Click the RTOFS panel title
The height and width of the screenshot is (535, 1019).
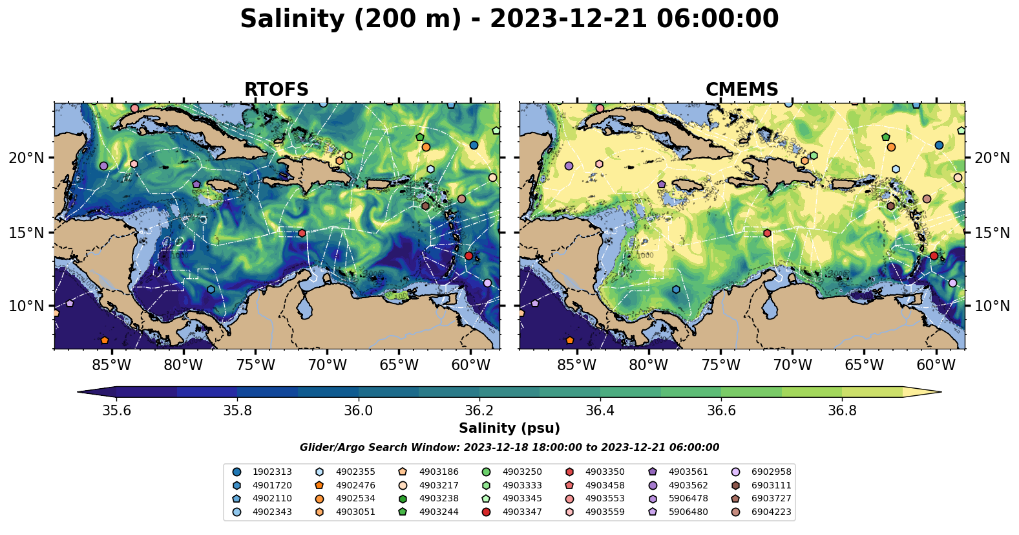[x=276, y=90]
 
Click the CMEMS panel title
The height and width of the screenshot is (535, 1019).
[x=742, y=90]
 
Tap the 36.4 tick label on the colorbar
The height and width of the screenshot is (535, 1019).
[x=600, y=411]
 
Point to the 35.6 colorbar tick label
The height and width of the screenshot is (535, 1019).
[x=116, y=411]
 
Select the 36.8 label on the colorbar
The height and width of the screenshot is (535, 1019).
[x=841, y=411]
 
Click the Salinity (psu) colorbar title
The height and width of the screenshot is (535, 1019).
[x=509, y=428]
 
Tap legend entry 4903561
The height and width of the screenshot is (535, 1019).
[x=688, y=472]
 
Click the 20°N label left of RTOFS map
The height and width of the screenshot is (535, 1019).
[x=26, y=158]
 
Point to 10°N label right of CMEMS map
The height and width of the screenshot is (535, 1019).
[x=992, y=306]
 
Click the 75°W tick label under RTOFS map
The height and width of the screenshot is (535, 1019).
[x=255, y=365]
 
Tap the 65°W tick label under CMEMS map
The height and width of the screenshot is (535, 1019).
[x=864, y=365]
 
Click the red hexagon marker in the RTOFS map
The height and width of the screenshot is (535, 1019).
[x=302, y=233]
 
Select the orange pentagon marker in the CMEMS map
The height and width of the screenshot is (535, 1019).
[x=569, y=340]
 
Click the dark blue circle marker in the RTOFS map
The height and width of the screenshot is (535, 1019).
[x=474, y=145]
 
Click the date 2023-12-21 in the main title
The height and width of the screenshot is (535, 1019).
[x=568, y=19]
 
